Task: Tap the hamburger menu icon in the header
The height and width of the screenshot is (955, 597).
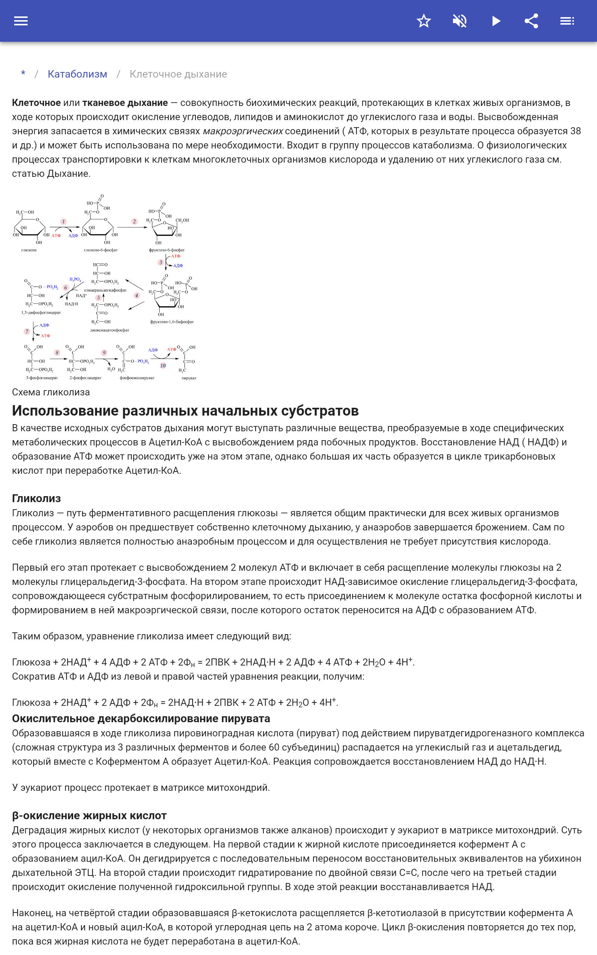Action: click(x=21, y=21)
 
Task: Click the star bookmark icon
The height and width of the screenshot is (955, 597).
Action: click(x=423, y=21)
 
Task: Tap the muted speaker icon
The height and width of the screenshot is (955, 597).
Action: click(x=460, y=21)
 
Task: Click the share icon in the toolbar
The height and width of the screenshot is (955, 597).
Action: click(x=531, y=21)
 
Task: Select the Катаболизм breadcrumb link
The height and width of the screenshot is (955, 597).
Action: click(x=77, y=74)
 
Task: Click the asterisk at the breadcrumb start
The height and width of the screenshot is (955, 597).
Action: click(x=23, y=74)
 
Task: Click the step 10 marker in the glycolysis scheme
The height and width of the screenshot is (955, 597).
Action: click(x=163, y=366)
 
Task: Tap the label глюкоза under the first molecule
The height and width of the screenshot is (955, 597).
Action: click(x=29, y=250)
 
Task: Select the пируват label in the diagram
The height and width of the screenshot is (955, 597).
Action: click(x=189, y=378)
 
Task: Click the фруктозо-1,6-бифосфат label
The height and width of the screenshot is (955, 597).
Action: click(x=172, y=322)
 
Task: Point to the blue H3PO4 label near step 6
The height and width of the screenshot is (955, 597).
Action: click(x=75, y=279)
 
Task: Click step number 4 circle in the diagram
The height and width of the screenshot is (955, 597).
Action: click(x=137, y=295)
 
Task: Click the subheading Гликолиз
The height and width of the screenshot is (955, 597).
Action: click(x=36, y=498)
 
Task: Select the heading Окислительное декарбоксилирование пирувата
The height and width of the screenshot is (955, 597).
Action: click(x=141, y=718)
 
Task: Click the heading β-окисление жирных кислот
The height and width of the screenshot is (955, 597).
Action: click(x=89, y=816)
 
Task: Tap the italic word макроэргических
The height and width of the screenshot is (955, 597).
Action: click(x=243, y=131)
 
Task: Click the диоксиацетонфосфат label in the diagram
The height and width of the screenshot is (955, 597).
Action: click(x=109, y=330)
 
